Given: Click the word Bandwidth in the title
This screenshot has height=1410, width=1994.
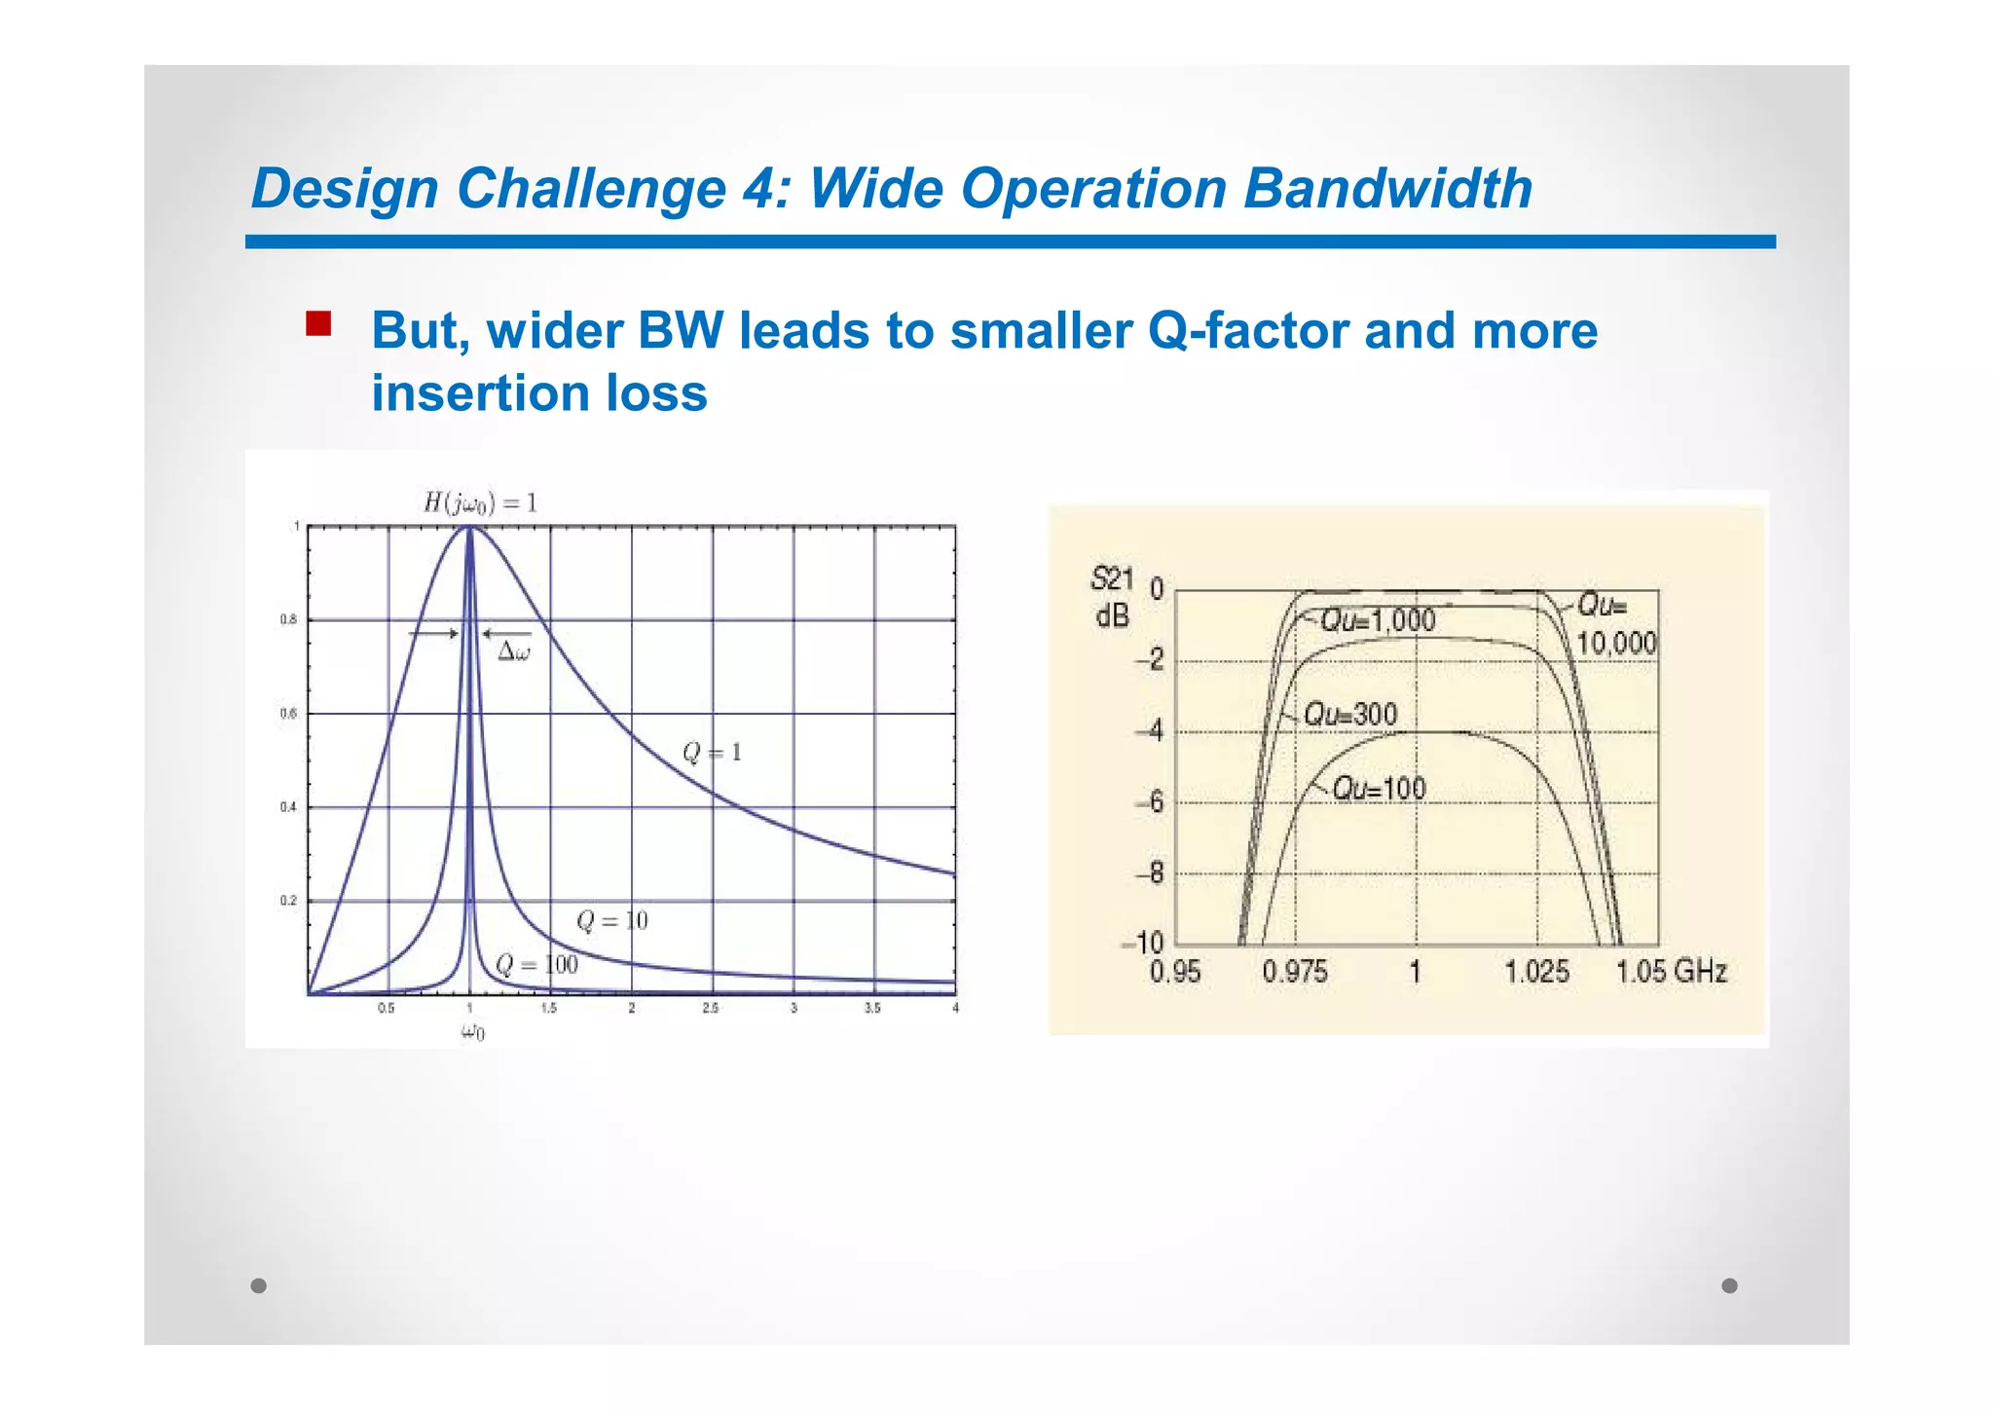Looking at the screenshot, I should [1387, 188].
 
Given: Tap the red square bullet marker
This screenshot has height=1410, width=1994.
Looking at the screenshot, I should [318, 323].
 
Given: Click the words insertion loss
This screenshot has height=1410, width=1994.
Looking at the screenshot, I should [539, 394].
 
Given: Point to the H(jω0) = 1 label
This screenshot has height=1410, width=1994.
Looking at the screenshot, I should [480, 503].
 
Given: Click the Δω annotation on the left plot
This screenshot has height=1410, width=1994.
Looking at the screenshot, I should [514, 652].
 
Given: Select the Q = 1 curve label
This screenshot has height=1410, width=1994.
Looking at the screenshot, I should [712, 753].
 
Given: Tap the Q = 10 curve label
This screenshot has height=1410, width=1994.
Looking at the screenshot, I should [611, 921].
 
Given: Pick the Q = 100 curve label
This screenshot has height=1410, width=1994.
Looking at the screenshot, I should [536, 965].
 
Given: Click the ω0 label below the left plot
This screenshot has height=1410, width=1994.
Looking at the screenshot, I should [472, 1032].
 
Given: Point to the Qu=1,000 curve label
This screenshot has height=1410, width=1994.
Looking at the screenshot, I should [1377, 620].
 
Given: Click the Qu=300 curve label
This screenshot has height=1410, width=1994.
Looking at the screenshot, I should [1350, 715].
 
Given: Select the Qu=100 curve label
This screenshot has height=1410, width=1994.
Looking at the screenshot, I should [1378, 789].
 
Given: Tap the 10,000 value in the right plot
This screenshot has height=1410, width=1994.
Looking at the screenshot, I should [1616, 643].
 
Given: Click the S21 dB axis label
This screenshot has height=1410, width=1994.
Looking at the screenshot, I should [1112, 597].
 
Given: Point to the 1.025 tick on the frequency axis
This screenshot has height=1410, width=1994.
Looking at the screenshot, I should [1536, 972].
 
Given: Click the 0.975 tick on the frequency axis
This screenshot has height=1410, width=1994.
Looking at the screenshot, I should [1294, 972].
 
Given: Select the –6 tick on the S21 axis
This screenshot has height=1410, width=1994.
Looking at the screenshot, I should [1150, 802].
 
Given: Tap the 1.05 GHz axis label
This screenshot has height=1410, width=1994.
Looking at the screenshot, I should [1671, 972].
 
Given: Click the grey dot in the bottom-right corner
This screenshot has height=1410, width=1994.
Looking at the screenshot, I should [1729, 1285].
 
